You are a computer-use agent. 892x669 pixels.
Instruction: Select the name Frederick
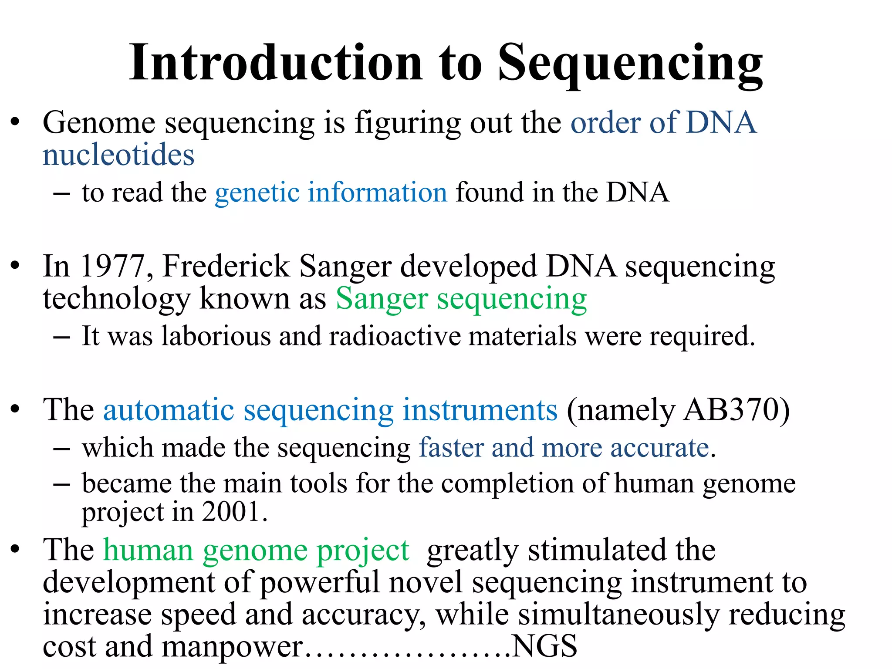(x=226, y=266)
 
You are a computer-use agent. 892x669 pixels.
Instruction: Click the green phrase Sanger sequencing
(x=461, y=300)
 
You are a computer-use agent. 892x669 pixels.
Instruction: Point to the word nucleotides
(x=118, y=155)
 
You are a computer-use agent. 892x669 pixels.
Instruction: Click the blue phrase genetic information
(x=331, y=193)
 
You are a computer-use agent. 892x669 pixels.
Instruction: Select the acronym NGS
(x=544, y=646)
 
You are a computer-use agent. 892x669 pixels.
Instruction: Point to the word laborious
(x=216, y=336)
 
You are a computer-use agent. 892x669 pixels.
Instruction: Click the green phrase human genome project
(x=256, y=551)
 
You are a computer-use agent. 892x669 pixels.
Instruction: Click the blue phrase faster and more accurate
(x=564, y=448)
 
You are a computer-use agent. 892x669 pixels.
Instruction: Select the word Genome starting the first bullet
(x=99, y=123)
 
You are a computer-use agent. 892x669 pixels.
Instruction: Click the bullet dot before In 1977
(x=16, y=265)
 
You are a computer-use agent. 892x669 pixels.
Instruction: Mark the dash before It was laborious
(x=61, y=337)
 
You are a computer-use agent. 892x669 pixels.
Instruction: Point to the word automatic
(x=169, y=410)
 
